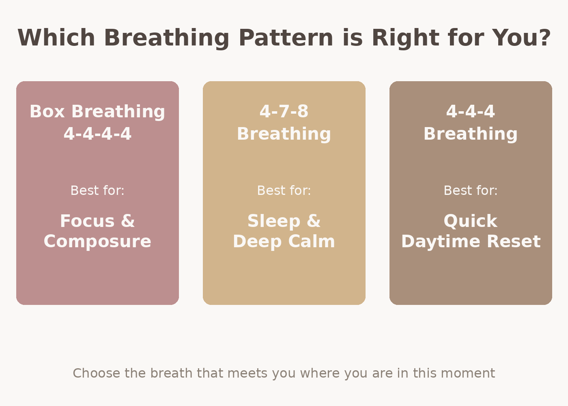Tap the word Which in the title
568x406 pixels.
[56, 38]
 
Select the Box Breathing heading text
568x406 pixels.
[97, 112]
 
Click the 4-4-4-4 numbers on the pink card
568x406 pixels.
[97, 134]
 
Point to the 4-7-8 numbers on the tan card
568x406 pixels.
[284, 112]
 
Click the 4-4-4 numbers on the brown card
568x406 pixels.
[471, 112]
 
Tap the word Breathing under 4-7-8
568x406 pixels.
[284, 134]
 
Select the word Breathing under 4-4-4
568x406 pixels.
[471, 134]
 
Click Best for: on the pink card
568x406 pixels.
[97, 190]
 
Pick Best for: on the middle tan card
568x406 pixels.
[284, 190]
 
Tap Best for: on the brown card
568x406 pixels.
[471, 190]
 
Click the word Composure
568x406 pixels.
[97, 242]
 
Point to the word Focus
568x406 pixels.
[87, 221]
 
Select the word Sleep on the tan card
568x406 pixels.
[274, 221]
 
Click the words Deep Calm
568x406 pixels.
[284, 242]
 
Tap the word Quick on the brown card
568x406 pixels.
[471, 221]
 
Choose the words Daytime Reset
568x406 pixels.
[471, 242]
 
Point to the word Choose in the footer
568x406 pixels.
[97, 373]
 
